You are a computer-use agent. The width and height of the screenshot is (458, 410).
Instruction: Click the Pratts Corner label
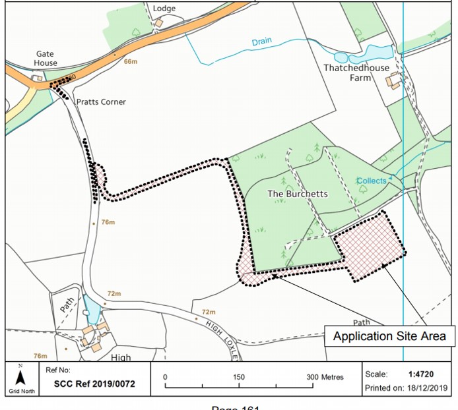[x=101, y=102]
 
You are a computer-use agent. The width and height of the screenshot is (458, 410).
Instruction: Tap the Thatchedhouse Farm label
[x=356, y=73]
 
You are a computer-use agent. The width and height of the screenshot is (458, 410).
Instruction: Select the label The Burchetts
[x=297, y=194]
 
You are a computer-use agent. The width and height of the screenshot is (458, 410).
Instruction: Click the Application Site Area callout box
[x=389, y=336]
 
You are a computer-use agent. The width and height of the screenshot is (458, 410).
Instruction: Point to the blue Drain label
[x=261, y=42]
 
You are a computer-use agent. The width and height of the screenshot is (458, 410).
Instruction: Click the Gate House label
[x=46, y=59]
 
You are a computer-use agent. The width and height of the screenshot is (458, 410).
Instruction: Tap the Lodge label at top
[x=164, y=9]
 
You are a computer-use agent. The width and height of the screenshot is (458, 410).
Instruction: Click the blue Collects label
[x=372, y=181]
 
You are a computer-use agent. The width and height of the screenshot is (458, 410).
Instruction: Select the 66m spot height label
[x=130, y=62]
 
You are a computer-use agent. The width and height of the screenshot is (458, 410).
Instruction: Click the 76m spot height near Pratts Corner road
[x=108, y=223]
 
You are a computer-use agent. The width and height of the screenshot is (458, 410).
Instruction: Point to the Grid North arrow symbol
[x=20, y=378]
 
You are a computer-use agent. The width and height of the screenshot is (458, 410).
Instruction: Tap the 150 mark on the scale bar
[x=239, y=377]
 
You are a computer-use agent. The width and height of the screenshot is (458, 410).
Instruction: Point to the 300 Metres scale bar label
[x=323, y=377]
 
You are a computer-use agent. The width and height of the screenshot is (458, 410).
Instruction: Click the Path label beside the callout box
[x=361, y=322]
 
